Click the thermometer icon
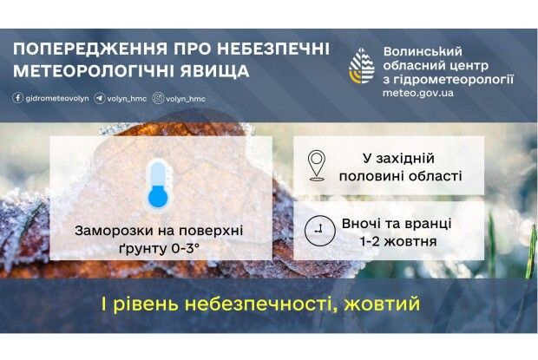pyautogui.click(x=157, y=183)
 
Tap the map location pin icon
pyautogui.click(x=317, y=165)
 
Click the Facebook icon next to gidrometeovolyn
pyautogui.click(x=18, y=98)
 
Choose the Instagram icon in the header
pyautogui.click(x=158, y=98)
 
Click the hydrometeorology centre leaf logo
pyautogui.click(x=362, y=67)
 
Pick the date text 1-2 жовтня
pyautogui.click(x=397, y=239)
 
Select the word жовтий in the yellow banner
pyautogui.click(x=381, y=304)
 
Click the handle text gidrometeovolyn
pyautogui.click(x=51, y=98)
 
